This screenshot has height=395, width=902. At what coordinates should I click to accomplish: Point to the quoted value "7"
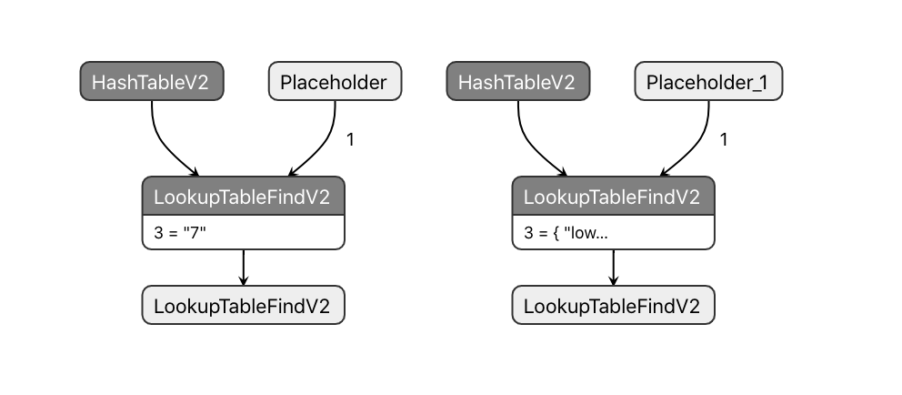click(196, 233)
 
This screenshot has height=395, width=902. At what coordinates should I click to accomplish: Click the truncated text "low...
click(586, 233)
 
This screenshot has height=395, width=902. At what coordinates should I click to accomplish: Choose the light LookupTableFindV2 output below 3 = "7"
click(243, 305)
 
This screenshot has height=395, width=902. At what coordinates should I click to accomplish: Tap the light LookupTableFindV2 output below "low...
click(613, 305)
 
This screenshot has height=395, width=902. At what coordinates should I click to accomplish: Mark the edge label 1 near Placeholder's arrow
click(351, 140)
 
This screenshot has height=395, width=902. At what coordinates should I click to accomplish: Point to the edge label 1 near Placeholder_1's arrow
click(724, 140)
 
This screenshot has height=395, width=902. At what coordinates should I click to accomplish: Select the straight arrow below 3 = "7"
click(243, 267)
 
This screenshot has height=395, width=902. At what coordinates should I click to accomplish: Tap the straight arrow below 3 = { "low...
click(613, 267)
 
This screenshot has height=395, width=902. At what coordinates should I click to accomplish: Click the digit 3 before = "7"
click(158, 233)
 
